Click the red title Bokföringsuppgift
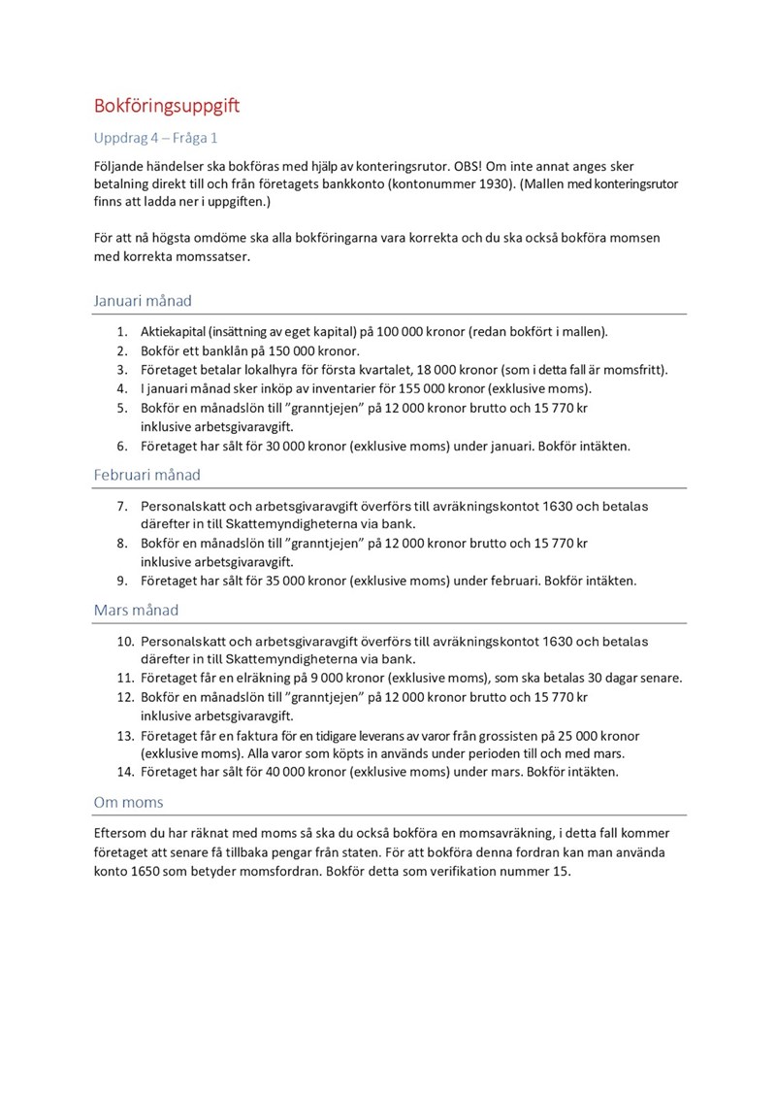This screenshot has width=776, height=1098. [x=166, y=106]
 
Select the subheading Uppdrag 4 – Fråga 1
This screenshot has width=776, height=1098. [x=156, y=138]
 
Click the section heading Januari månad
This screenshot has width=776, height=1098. [x=148, y=301]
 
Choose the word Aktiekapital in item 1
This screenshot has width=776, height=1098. [x=178, y=331]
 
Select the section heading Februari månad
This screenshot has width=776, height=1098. [x=147, y=475]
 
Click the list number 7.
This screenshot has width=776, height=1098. [x=123, y=506]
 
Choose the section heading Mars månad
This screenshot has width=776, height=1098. [x=136, y=611]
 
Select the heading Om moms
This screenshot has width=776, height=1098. [x=128, y=802]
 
